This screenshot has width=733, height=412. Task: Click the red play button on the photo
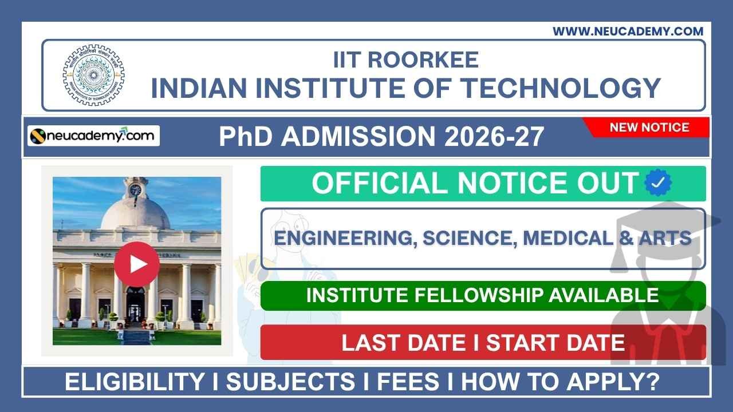click(x=136, y=264)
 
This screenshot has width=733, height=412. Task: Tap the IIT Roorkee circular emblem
click(x=93, y=75)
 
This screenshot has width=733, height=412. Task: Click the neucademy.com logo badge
click(x=94, y=136)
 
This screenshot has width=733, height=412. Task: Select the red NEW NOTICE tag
click(x=649, y=127)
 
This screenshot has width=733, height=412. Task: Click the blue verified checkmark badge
click(x=658, y=183)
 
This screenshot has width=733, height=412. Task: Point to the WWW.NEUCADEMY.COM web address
click(x=628, y=31)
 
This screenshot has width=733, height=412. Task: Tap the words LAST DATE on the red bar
click(x=403, y=342)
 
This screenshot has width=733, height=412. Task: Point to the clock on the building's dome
click(x=135, y=189)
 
